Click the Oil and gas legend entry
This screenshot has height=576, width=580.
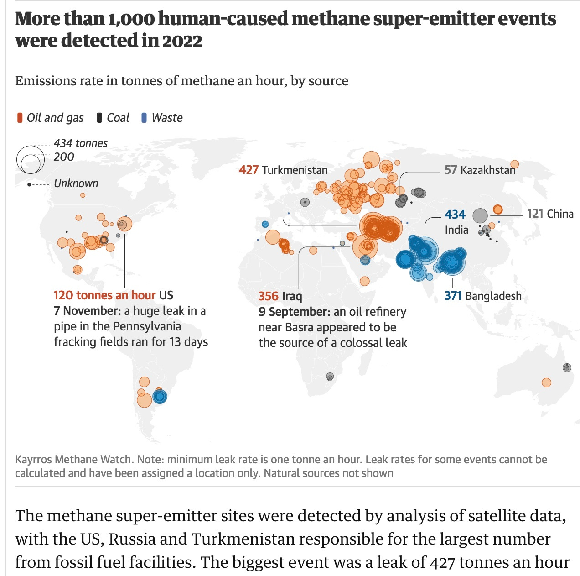tap(51, 118)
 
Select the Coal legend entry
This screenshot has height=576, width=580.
tap(114, 118)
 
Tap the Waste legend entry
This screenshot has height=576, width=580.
tap(162, 118)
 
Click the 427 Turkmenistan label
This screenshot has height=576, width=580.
tap(283, 170)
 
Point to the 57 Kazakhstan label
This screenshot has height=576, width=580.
tap(480, 170)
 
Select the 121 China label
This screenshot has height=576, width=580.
tap(550, 214)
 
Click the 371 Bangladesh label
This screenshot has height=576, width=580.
tap(483, 296)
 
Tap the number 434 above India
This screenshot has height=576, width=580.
tap(455, 215)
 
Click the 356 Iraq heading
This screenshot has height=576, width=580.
tap(280, 296)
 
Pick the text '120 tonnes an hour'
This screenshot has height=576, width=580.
tap(104, 295)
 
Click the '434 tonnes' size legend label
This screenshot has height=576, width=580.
tap(81, 143)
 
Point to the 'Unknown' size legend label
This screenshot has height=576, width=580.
tap(76, 183)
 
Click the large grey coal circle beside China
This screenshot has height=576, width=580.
tap(480, 215)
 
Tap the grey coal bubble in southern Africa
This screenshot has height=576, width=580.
tap(330, 377)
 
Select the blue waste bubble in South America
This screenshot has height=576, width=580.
tap(160, 396)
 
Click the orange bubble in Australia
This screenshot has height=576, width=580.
tap(546, 382)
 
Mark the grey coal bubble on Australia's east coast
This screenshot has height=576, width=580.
tap(567, 367)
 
